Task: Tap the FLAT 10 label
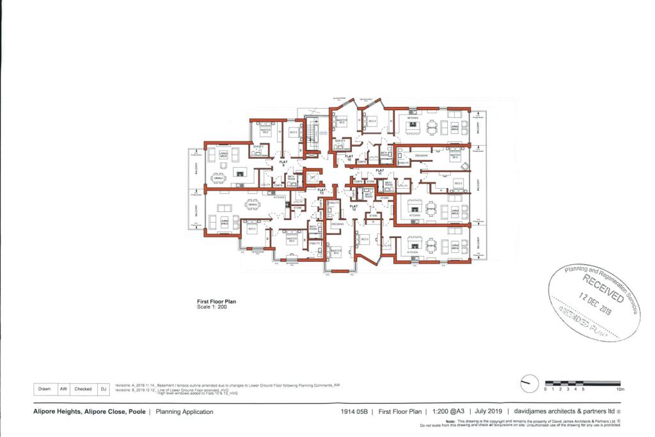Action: [x=349, y=157]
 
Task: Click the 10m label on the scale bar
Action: [x=619, y=389]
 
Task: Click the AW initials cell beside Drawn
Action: [x=63, y=388]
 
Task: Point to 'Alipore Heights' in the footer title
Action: [x=58, y=412]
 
